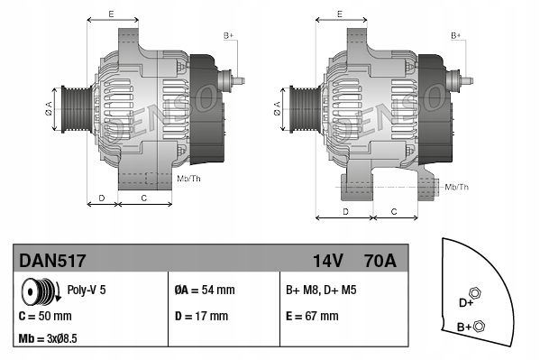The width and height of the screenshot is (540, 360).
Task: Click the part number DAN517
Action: tap(52, 262)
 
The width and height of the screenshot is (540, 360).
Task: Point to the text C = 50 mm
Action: tap(45, 317)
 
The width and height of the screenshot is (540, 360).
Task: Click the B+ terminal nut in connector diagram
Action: tap(480, 327)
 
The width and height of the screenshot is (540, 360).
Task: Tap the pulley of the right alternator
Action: tap(301, 111)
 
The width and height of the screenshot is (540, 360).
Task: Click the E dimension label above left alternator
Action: tap(111, 15)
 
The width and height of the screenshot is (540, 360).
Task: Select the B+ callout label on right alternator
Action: tap(455, 35)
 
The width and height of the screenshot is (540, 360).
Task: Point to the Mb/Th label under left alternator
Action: tap(188, 179)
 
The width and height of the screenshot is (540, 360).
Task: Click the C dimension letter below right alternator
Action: tap(393, 210)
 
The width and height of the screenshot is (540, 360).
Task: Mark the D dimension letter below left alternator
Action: tap(101, 197)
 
